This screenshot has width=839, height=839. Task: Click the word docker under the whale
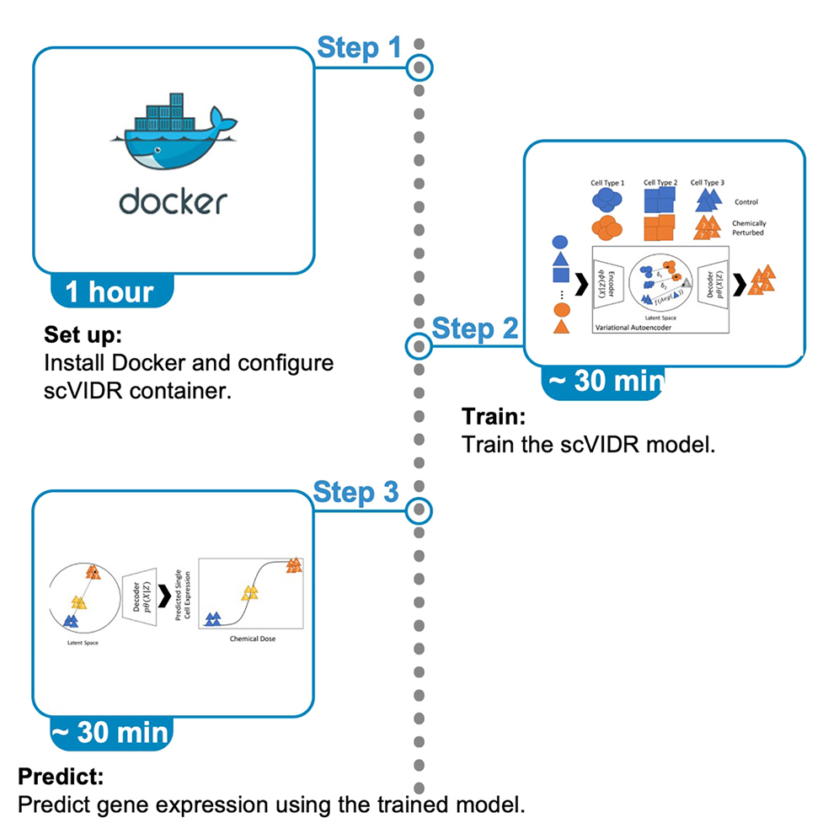(173, 201)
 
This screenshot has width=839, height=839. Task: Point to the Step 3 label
(355, 493)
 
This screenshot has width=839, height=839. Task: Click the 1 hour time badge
(110, 291)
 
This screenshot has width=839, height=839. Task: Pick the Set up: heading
(83, 335)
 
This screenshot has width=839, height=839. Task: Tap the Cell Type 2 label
(660, 182)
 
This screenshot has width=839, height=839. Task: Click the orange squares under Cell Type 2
(660, 228)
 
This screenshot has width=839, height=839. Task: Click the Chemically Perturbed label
(748, 227)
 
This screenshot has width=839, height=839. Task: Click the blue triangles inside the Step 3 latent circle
(71, 621)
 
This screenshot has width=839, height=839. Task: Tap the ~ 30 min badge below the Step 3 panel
(110, 732)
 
